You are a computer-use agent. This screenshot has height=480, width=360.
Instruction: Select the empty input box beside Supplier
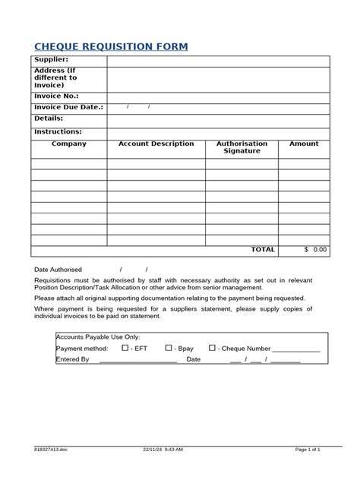217,61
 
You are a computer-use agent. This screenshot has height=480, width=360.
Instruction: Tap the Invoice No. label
56,96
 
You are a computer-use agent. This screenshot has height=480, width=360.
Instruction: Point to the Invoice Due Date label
68,108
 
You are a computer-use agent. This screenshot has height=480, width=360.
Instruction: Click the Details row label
49,119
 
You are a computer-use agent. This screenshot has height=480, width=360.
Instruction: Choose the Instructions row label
58,131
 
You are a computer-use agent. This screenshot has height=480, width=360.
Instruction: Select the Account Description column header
156,144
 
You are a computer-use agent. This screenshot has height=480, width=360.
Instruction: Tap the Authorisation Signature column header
242,147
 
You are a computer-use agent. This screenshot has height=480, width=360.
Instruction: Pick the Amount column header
304,144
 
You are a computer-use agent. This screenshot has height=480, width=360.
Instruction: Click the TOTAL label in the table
263,249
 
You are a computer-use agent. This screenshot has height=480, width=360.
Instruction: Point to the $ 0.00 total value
314,249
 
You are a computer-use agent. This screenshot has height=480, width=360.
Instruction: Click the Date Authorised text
58,270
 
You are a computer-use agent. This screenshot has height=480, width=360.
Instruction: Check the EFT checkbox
125,348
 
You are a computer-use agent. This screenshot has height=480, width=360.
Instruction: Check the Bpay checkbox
169,348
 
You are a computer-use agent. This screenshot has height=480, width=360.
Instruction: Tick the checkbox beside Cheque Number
212,348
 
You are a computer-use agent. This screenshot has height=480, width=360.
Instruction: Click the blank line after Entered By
138,360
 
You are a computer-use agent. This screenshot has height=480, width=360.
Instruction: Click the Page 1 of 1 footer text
308,450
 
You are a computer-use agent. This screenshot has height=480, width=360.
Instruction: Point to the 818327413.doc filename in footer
50,450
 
